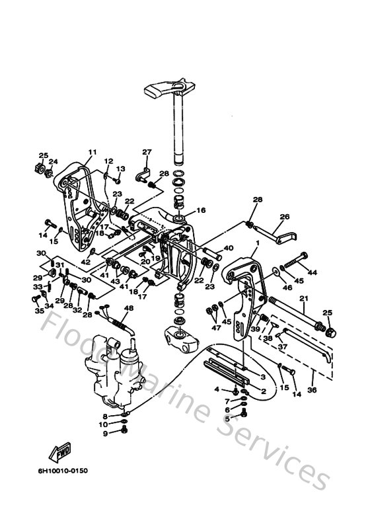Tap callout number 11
tap(92, 152)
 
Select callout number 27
tap(147, 152)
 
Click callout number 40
tap(229, 248)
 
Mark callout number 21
tap(303, 299)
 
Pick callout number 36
tap(312, 390)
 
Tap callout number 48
tap(128, 308)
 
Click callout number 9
tap(104, 433)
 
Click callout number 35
tap(39, 309)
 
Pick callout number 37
tap(281, 346)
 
